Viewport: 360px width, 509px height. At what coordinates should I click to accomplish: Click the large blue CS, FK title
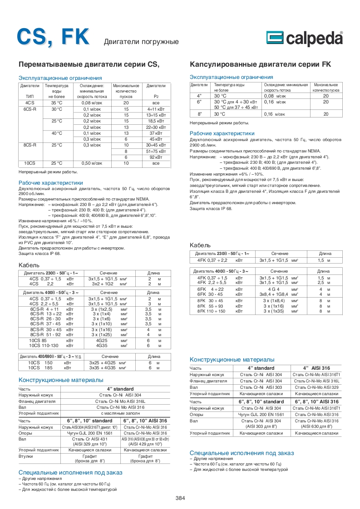53,37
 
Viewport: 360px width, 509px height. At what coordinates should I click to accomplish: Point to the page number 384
180,498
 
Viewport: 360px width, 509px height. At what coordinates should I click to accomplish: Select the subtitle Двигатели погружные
141,42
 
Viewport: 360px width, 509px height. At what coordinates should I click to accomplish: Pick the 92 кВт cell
156,157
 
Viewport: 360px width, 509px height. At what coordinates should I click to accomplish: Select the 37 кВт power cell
156,133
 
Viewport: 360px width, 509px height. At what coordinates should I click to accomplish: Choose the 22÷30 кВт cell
156,127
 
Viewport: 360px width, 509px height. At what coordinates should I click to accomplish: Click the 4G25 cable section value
102,340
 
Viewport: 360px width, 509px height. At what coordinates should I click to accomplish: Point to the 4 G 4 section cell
274,289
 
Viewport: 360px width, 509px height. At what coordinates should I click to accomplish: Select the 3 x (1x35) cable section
274,311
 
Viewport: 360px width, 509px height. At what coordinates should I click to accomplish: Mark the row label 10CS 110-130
44,345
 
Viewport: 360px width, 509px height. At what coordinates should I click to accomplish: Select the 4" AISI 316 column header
316,368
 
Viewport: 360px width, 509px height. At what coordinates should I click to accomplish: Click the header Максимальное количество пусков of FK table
325,88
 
